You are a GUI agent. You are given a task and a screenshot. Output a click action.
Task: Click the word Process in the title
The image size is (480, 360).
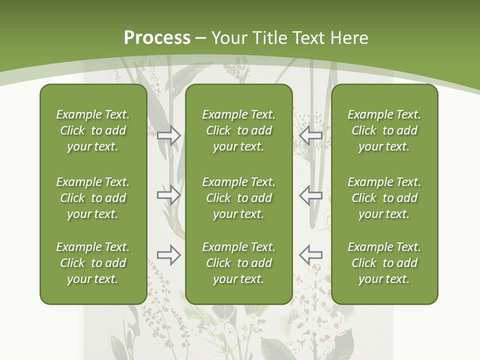tap(157, 38)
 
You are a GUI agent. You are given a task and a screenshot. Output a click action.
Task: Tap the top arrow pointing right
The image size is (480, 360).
tap(169, 135)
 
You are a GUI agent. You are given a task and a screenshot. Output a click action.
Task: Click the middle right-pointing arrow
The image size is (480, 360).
tap(169, 194)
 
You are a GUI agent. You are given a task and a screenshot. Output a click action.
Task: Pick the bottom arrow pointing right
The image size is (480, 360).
tap(169, 254)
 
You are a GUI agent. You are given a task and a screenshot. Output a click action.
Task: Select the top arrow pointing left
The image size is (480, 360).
tap(310, 135)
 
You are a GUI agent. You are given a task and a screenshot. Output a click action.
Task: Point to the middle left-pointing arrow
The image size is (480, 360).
tap(310, 194)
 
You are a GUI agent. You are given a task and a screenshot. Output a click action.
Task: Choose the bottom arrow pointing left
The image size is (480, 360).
tap(310, 254)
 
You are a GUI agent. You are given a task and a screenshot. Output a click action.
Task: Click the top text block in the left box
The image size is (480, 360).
tap(93, 130)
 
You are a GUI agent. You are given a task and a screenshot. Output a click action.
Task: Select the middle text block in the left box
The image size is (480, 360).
tap(93, 198)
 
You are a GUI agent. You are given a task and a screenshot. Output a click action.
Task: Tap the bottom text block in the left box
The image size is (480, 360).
tap(93, 263)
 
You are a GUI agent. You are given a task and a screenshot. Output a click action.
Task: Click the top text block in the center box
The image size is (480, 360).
tap(238, 130)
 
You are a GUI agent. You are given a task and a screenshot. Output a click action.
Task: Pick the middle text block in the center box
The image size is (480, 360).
tap(238, 198)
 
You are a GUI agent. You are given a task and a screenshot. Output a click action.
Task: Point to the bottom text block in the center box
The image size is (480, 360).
tap(238, 263)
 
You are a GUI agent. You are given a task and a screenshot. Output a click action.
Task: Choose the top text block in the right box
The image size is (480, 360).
tap(384, 130)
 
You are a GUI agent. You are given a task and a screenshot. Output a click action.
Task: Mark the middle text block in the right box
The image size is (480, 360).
tap(384, 198)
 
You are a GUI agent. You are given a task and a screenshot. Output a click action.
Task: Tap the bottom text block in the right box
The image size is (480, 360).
tap(384, 263)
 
